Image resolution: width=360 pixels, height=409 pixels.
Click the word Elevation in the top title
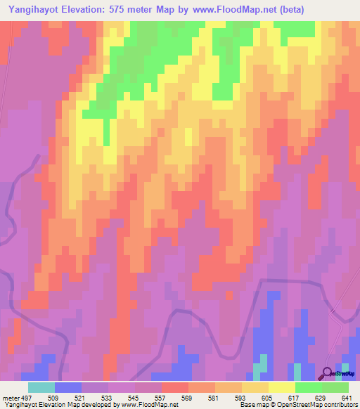(89, 9)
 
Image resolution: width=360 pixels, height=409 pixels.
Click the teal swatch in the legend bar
(41, 387)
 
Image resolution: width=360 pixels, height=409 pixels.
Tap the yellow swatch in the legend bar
(281, 387)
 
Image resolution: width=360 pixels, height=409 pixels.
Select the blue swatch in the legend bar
(67, 387)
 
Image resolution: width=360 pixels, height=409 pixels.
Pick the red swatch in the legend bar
(174, 387)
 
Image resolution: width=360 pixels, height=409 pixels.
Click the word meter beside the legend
(10, 397)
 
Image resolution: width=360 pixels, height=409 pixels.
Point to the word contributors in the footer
(337, 405)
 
